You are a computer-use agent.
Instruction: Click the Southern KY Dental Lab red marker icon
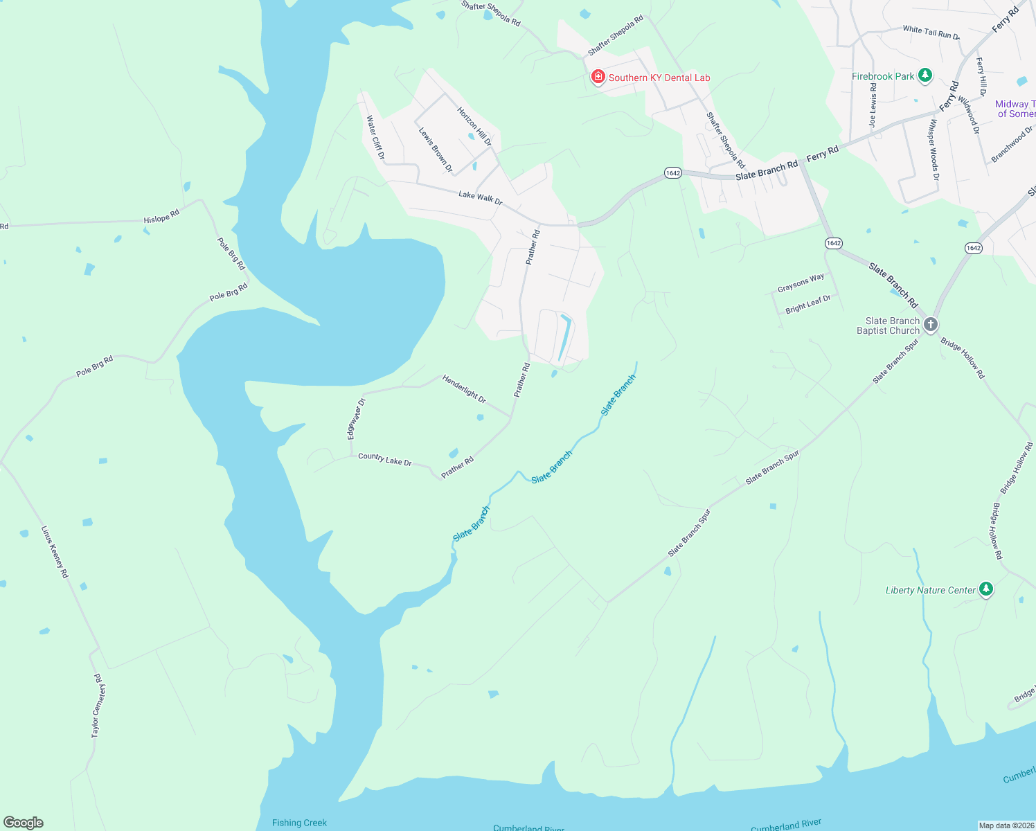click(598, 77)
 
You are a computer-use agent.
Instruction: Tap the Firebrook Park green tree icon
click(925, 75)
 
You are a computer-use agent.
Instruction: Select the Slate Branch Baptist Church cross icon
click(931, 324)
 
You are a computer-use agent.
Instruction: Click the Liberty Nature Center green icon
click(986, 589)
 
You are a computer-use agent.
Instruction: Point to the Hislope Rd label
click(161, 217)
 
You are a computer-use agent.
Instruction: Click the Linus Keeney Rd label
click(55, 552)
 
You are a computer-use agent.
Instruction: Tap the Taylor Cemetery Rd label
click(98, 705)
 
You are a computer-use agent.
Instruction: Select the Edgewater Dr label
click(356, 419)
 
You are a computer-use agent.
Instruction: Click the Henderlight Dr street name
click(464, 389)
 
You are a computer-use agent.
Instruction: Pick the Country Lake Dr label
click(385, 459)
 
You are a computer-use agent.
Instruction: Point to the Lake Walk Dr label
click(480, 198)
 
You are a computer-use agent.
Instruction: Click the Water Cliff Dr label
click(375, 137)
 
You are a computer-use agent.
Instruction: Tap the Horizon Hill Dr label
click(474, 126)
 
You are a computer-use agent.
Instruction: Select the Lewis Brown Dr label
click(436, 149)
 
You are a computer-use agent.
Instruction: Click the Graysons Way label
click(801, 283)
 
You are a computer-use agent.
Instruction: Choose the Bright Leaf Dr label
click(808, 304)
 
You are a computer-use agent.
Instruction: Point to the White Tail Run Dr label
click(931, 32)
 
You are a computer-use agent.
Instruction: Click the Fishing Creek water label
click(299, 823)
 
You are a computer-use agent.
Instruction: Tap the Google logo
click(24, 823)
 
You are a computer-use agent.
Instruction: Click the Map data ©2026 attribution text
click(1006, 825)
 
